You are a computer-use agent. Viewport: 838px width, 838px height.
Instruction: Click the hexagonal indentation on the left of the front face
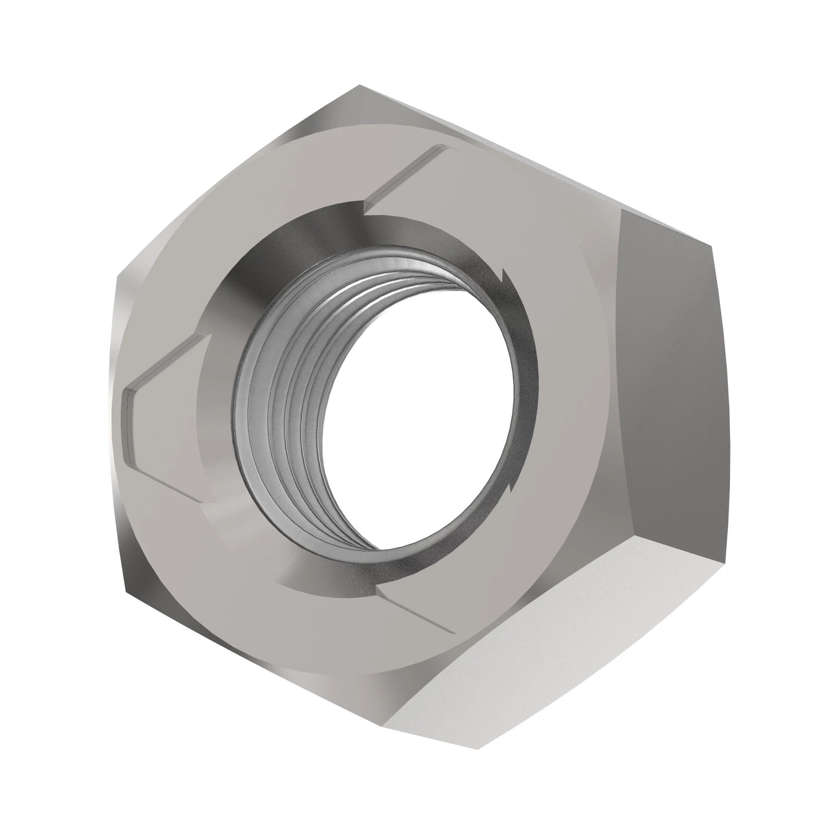tap(165, 416)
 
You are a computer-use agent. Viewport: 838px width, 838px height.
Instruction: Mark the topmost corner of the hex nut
tap(359, 85)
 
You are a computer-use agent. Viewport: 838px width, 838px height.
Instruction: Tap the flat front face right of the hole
tap(572, 391)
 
